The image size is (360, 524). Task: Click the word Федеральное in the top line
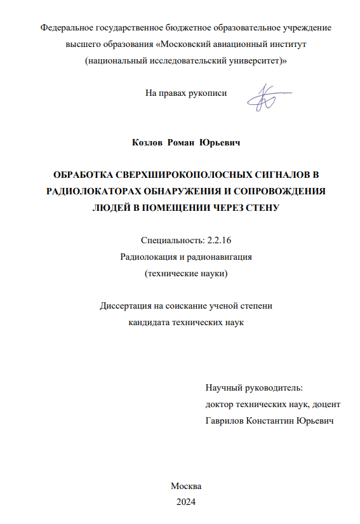[x=65, y=29]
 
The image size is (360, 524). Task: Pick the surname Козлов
[x=147, y=144]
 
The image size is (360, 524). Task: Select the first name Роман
[x=182, y=144]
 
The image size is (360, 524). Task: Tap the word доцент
[x=326, y=404]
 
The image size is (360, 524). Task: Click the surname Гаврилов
[x=227, y=420]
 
